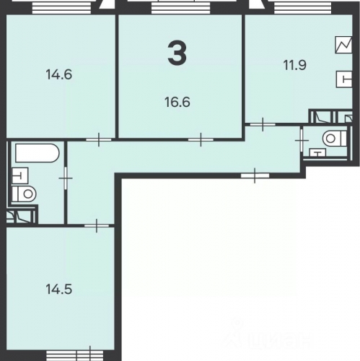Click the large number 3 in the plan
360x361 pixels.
(x=177, y=53)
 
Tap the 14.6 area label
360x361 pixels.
(x=61, y=74)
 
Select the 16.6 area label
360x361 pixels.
(x=177, y=102)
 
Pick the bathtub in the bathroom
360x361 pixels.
(x=35, y=154)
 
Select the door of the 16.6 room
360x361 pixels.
(x=200, y=138)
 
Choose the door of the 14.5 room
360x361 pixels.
(x=97, y=225)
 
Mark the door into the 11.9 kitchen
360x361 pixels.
(x=263, y=124)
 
